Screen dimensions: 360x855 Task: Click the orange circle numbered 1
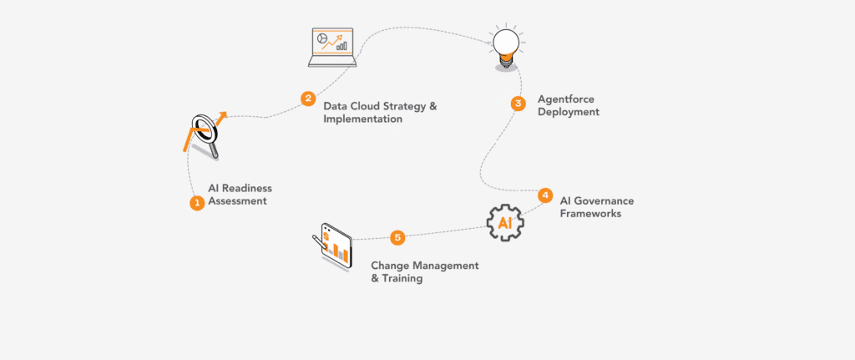[197, 202]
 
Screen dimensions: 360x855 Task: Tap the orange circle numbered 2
[308, 99]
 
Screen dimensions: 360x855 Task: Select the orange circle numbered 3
[518, 104]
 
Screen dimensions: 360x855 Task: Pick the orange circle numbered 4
[545, 195]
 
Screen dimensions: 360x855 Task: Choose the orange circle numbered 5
[397, 237]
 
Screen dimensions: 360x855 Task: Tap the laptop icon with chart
[331, 47]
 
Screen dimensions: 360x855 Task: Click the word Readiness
[246, 188]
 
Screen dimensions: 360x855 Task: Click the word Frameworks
[591, 214]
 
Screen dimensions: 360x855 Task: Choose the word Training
[402, 279]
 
